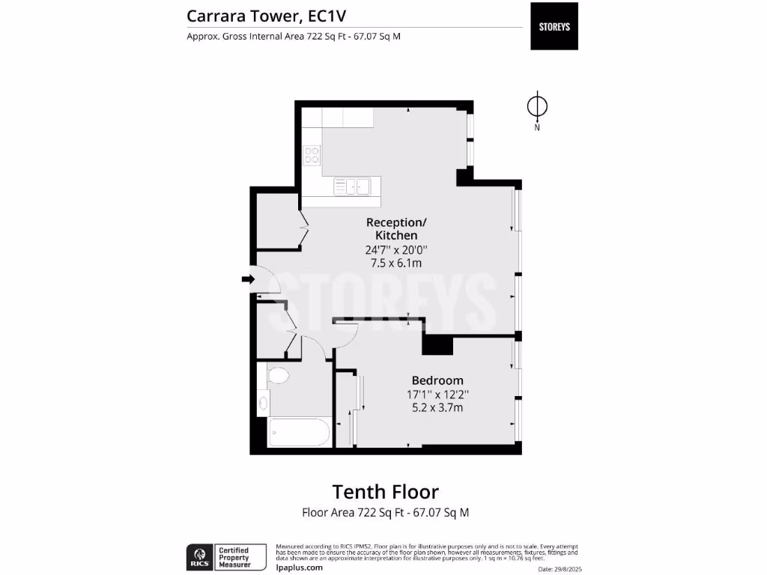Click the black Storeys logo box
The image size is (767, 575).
pyautogui.click(x=554, y=26)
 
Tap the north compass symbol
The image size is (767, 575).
pyautogui.click(x=537, y=107)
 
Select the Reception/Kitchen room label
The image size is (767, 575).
pyautogui.click(x=396, y=228)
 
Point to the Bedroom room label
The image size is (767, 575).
pyautogui.click(x=437, y=380)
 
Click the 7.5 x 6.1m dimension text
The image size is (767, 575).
pyautogui.click(x=396, y=263)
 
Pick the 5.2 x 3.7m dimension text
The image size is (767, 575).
pyautogui.click(x=437, y=408)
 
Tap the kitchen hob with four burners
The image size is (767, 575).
pyautogui.click(x=312, y=156)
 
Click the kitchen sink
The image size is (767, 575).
pyautogui.click(x=352, y=186)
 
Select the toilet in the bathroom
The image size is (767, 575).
pyautogui.click(x=278, y=375)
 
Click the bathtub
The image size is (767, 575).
pyautogui.click(x=298, y=432)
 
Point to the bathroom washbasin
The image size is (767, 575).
pyautogui.click(x=263, y=402)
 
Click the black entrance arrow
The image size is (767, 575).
pyautogui.click(x=248, y=279)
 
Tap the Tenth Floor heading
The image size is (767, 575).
pyautogui.click(x=385, y=492)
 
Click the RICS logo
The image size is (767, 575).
pyautogui.click(x=198, y=557)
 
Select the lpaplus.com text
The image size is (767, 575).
pyautogui.click(x=300, y=567)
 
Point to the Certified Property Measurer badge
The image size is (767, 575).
pyautogui.click(x=240, y=557)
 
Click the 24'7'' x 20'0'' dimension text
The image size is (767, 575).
pyautogui.click(x=396, y=250)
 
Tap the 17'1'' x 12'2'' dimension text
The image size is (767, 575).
pyautogui.click(x=437, y=395)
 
